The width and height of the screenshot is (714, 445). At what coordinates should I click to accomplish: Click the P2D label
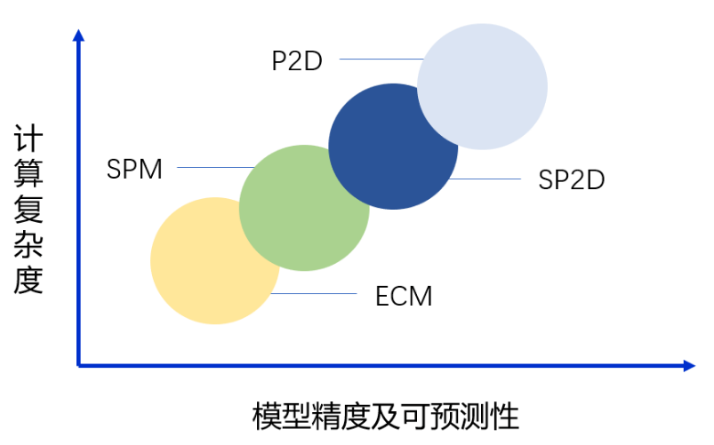click(296, 61)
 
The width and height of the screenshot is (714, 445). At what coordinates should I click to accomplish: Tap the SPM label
click(134, 169)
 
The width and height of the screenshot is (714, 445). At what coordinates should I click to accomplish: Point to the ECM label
click(404, 296)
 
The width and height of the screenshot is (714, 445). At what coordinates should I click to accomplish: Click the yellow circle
click(205, 266)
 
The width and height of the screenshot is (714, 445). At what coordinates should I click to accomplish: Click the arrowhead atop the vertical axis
click(78, 35)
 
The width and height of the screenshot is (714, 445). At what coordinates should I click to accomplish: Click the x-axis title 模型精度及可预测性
click(385, 416)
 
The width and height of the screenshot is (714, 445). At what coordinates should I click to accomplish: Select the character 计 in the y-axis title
click(28, 140)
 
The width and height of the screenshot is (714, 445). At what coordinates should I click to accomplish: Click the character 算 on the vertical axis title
click(28, 175)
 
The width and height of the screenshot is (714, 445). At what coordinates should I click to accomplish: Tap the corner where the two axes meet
click(79, 365)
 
